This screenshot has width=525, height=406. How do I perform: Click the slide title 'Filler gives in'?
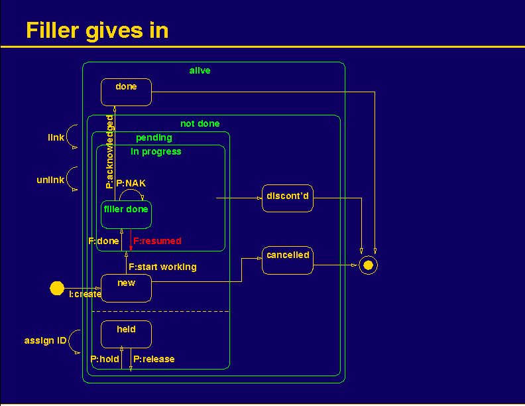point(97,31)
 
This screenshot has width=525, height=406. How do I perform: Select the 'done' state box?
point(126,92)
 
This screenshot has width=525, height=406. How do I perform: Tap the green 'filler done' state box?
point(126,215)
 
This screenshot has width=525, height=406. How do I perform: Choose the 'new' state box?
point(126,288)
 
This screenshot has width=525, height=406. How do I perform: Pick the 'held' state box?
point(126,334)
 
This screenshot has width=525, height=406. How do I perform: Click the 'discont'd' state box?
point(288,198)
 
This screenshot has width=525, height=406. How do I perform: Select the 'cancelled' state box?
point(288,260)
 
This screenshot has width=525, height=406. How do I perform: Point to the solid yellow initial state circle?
point(57,288)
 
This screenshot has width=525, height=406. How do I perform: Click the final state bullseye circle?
point(369,265)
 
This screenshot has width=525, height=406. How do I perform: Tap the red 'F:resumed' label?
point(157,241)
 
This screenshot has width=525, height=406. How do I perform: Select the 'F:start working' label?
point(162,267)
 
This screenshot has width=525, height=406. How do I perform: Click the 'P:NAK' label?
point(131,183)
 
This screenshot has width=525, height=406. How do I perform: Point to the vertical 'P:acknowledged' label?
point(110,152)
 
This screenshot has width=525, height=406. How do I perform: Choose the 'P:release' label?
point(154,359)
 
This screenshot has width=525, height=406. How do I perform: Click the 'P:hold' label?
point(105,359)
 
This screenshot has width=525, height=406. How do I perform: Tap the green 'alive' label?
point(200,71)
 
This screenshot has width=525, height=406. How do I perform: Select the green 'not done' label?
point(200,123)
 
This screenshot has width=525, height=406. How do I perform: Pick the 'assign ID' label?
point(45,341)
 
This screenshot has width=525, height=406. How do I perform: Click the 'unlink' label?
point(50,180)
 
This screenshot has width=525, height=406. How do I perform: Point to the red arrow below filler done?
point(131,240)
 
